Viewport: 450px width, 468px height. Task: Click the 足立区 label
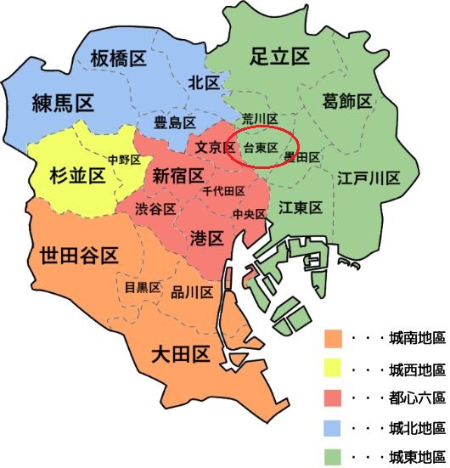(x=279, y=57)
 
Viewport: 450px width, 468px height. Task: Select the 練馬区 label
(x=62, y=104)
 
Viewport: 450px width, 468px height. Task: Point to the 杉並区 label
(x=72, y=175)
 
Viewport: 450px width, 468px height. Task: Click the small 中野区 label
(x=123, y=159)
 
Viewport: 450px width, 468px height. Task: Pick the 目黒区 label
(x=142, y=287)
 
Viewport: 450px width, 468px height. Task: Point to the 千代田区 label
(x=224, y=192)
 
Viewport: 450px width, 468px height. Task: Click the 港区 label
(x=207, y=239)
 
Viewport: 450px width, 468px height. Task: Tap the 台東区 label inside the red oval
(x=261, y=148)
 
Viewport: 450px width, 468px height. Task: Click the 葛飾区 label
(x=347, y=102)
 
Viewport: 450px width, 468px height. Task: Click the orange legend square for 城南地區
(x=334, y=339)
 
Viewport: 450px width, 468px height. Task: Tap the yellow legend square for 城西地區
(x=334, y=369)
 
